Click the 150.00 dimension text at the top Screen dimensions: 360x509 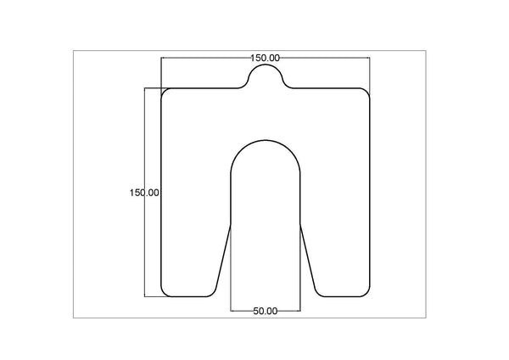265,58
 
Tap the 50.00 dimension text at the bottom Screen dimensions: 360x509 266,311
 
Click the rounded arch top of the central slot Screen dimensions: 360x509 266,142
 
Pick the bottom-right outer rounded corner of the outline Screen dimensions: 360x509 366,293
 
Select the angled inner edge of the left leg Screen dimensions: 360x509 223,259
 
